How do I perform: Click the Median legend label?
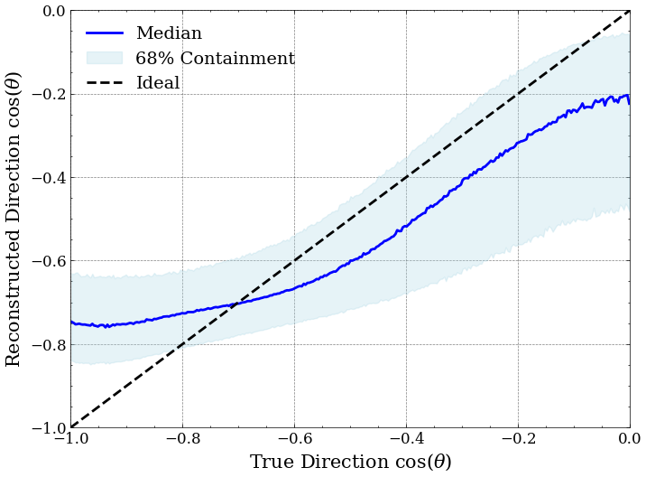point(169,33)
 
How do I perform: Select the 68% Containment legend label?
point(215,59)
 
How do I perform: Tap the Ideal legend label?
point(158,83)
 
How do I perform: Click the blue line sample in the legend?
point(105,33)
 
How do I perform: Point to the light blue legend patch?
point(105,58)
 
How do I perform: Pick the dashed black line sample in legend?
point(105,83)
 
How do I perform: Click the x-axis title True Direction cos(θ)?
point(350,462)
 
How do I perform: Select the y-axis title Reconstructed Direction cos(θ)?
point(14,219)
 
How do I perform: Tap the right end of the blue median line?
point(629,102)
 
